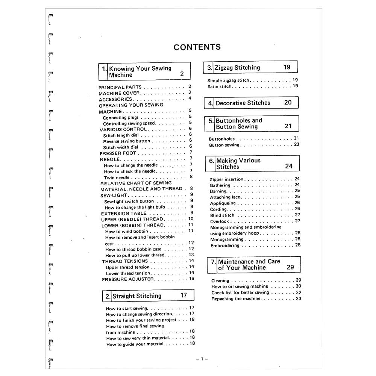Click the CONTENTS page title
pos(197,47)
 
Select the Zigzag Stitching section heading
pos(237,68)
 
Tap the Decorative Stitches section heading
pos(243,103)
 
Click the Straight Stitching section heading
pos(137,296)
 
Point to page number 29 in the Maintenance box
pos(290,267)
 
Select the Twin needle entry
pos(117,177)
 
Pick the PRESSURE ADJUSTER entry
pos(128,279)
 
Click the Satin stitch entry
pos(220,86)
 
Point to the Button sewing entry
pos(224,145)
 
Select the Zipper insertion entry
pos(226,179)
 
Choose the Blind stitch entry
pos(222,215)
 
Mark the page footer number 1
pos(202,359)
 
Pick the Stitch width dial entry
pos(121,147)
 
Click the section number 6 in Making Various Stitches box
pos(211,161)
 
